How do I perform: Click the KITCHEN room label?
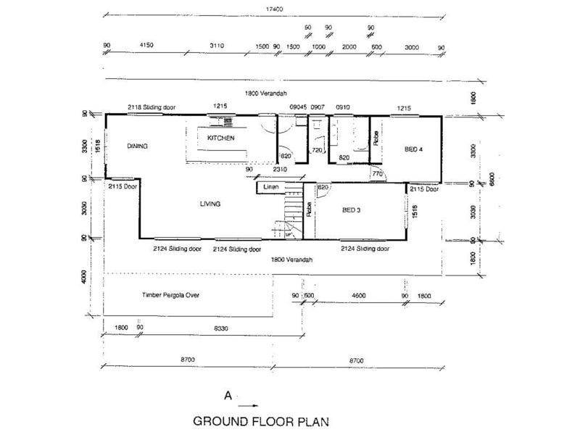221,138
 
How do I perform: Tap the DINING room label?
137,146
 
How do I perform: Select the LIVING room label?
210,204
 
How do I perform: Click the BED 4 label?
414,149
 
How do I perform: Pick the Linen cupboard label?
270,188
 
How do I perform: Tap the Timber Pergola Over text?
170,295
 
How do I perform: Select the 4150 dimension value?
146,46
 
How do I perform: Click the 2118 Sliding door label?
152,107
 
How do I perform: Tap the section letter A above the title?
227,395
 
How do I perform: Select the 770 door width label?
377,174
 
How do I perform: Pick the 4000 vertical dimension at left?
84,276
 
